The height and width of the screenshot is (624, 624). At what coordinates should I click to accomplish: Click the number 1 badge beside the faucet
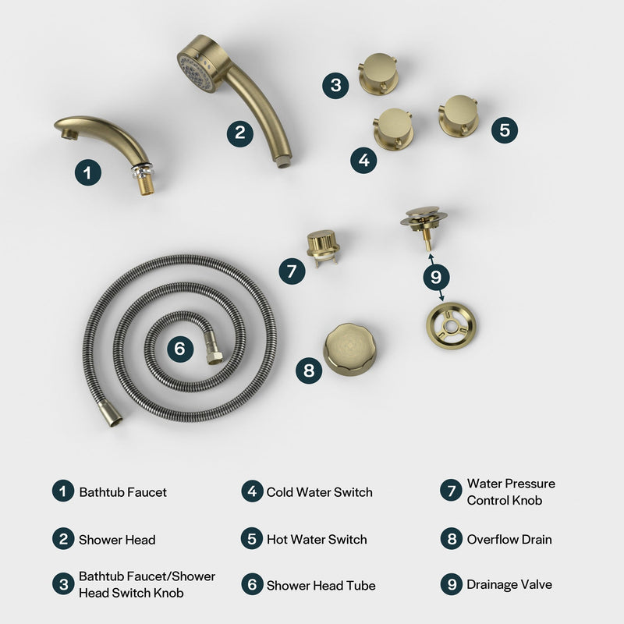tap(88, 172)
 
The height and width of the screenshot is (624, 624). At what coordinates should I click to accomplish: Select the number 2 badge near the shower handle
tap(240, 132)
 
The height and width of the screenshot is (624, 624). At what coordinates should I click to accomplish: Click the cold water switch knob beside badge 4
tap(394, 128)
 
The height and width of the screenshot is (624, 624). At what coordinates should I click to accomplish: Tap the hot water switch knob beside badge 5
tap(458, 115)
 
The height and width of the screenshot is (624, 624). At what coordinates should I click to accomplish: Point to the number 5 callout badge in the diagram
tap(505, 129)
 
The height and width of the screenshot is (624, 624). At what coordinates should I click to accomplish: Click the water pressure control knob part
tap(322, 247)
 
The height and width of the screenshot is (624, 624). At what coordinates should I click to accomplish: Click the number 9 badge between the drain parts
tap(436, 275)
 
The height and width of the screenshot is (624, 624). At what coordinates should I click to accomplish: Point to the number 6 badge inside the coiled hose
tap(179, 348)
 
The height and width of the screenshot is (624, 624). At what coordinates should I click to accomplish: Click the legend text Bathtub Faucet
tap(122, 492)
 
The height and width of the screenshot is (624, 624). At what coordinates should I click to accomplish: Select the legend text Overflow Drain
tap(509, 539)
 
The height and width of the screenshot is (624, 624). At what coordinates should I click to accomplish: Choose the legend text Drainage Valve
tap(509, 584)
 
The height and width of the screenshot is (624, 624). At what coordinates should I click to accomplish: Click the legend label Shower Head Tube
tap(321, 585)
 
